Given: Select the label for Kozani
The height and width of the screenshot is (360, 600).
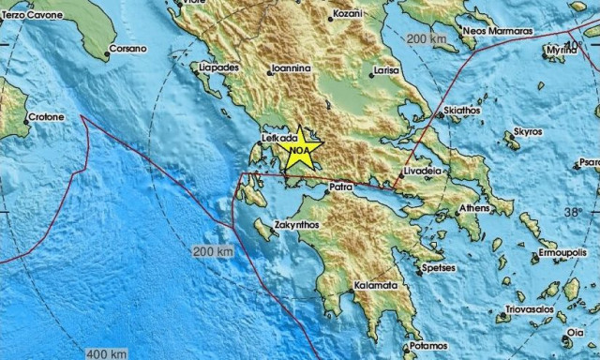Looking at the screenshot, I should click(x=348, y=15).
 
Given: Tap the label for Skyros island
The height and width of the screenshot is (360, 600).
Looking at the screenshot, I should click(x=528, y=132).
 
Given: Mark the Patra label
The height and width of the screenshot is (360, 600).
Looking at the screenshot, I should click(x=340, y=188).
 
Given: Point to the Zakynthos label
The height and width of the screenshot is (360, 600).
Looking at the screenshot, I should click(x=296, y=225).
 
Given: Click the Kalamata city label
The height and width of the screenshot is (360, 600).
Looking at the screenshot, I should click(x=376, y=285).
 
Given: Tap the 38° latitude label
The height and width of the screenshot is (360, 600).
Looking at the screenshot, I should click(x=572, y=213).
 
